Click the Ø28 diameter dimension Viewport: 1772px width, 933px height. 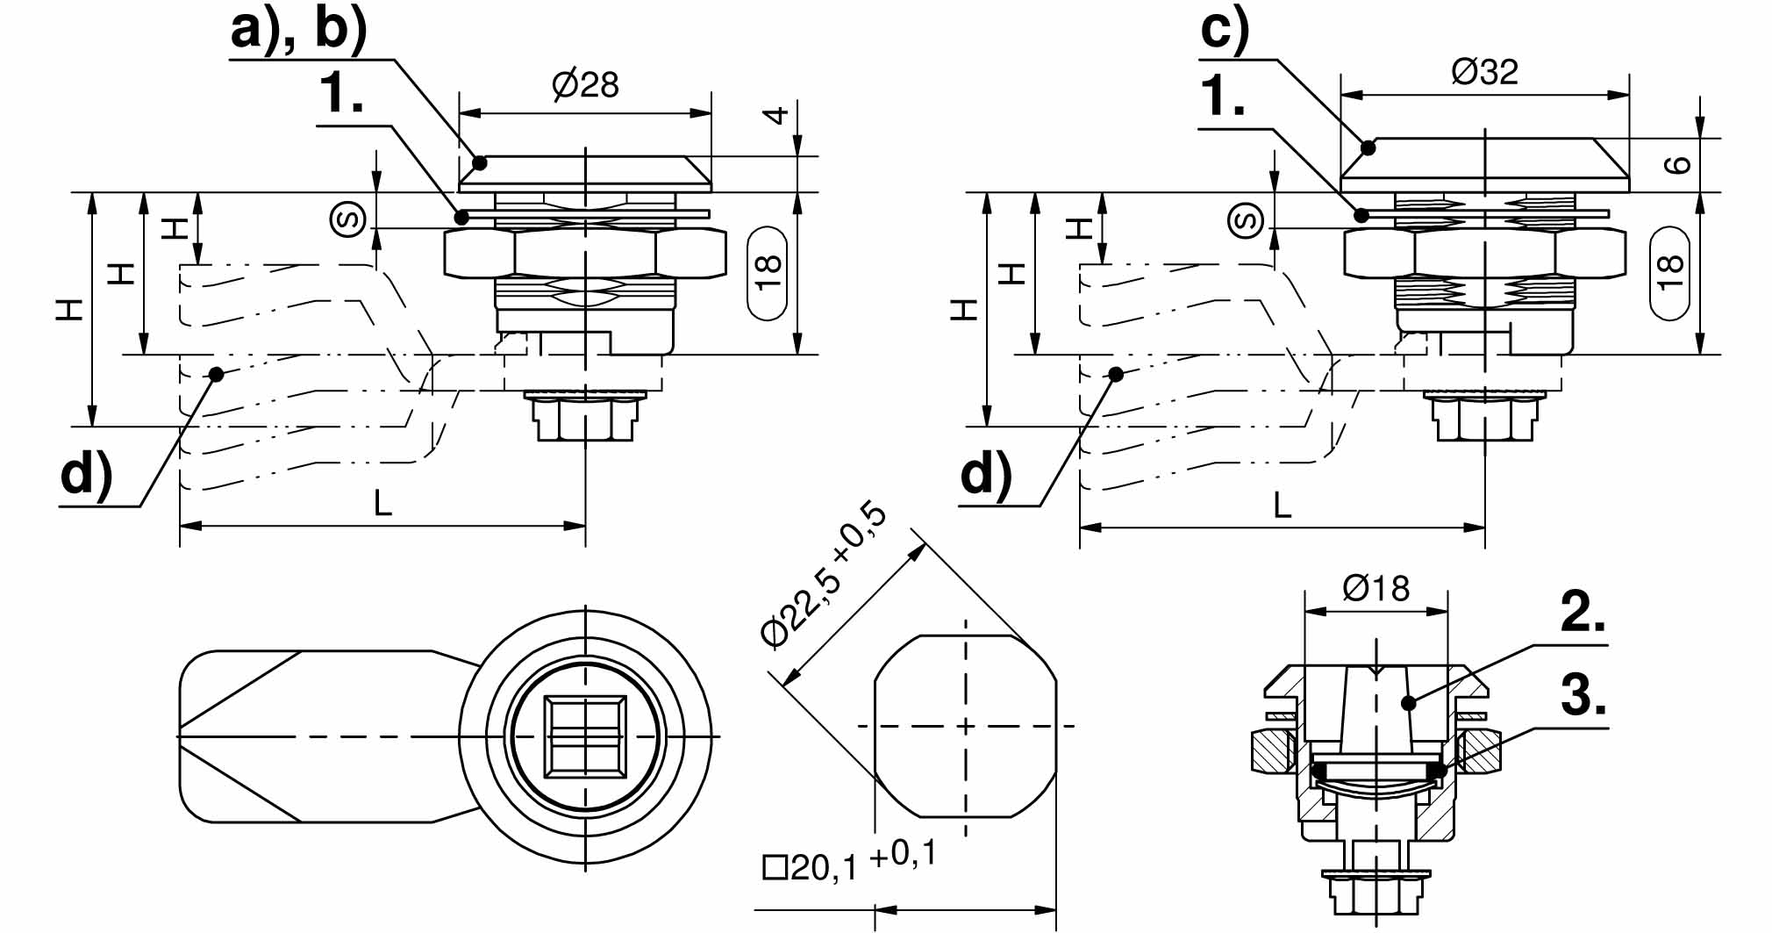pyautogui.click(x=585, y=85)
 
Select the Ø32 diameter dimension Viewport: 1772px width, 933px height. pyautogui.click(x=1484, y=71)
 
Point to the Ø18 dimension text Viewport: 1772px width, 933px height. pyautogui.click(x=1375, y=588)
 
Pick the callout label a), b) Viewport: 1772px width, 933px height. pyautogui.click(x=298, y=29)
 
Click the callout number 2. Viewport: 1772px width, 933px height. pyautogui.click(x=1583, y=612)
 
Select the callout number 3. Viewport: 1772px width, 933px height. pyautogui.click(x=1583, y=698)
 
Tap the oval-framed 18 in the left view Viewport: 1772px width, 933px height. pyautogui.click(x=768, y=273)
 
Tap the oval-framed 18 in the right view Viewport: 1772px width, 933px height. pyautogui.click(x=1669, y=273)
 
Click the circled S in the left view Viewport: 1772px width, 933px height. pyautogui.click(x=347, y=219)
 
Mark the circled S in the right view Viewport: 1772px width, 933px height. pyautogui.click(x=1247, y=219)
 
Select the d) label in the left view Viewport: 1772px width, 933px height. pyautogui.click(x=87, y=475)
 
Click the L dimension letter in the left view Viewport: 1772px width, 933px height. pyautogui.click(x=382, y=504)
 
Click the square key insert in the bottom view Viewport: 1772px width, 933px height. pyautogui.click(x=585, y=736)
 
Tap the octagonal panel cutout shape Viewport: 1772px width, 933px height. pyautogui.click(x=965, y=726)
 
